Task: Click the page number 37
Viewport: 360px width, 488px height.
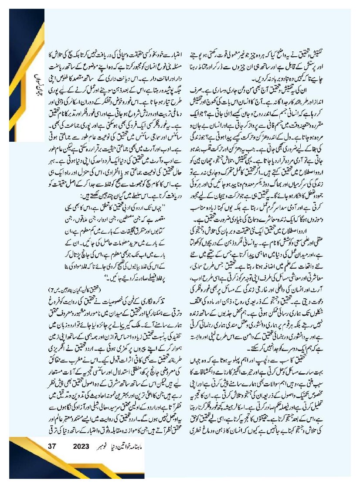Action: click(53, 447)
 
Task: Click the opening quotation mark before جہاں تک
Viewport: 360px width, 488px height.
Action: click(173, 204)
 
